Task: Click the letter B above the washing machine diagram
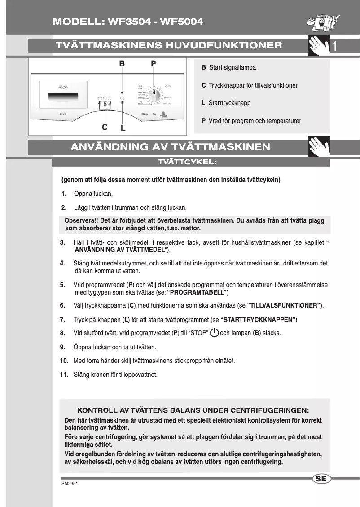pyautogui.click(x=122, y=64)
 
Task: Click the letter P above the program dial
pyautogui.click(x=154, y=64)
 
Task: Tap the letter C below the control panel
pyautogui.click(x=105, y=127)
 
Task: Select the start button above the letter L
pyautogui.click(x=123, y=98)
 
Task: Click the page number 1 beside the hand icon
pyautogui.click(x=335, y=46)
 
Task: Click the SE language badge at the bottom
pyautogui.click(x=321, y=479)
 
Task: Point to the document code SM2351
pyautogui.click(x=69, y=485)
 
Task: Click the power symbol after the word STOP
pyautogui.click(x=215, y=333)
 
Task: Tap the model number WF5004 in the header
pyautogui.click(x=180, y=22)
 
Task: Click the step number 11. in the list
pyautogui.click(x=64, y=374)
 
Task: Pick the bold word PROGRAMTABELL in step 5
pyautogui.click(x=198, y=293)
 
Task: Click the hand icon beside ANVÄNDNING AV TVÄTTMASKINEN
pyautogui.click(x=319, y=146)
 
